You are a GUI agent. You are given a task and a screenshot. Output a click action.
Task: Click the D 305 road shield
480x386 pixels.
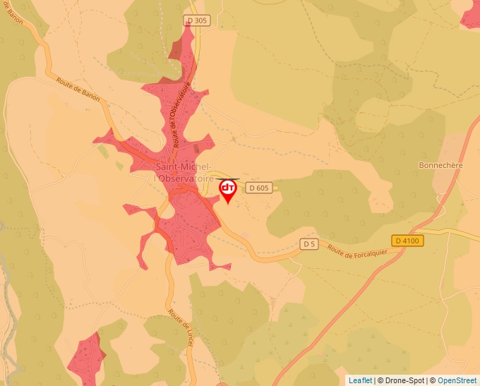[198, 20]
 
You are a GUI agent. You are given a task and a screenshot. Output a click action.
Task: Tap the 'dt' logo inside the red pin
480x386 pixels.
[228, 188]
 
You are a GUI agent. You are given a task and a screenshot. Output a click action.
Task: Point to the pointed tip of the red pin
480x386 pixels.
[228, 204]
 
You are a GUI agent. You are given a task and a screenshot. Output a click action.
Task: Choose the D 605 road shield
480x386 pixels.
[259, 188]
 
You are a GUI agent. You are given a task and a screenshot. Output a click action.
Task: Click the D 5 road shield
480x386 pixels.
[308, 244]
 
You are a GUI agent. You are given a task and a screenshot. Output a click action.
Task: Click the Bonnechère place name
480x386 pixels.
[439, 165]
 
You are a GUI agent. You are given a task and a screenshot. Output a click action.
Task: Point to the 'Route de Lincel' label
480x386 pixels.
[180, 327]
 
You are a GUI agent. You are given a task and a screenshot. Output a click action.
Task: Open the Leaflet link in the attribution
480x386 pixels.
[360, 380]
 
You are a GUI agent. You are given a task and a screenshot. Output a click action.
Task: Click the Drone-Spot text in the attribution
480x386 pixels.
[405, 380]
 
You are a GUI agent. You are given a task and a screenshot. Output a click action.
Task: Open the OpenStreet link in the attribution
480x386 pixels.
[457, 380]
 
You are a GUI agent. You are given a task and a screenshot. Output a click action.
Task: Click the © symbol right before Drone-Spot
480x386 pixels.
[380, 380]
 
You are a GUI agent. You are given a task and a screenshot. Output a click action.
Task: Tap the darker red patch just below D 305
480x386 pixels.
[175, 49]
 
